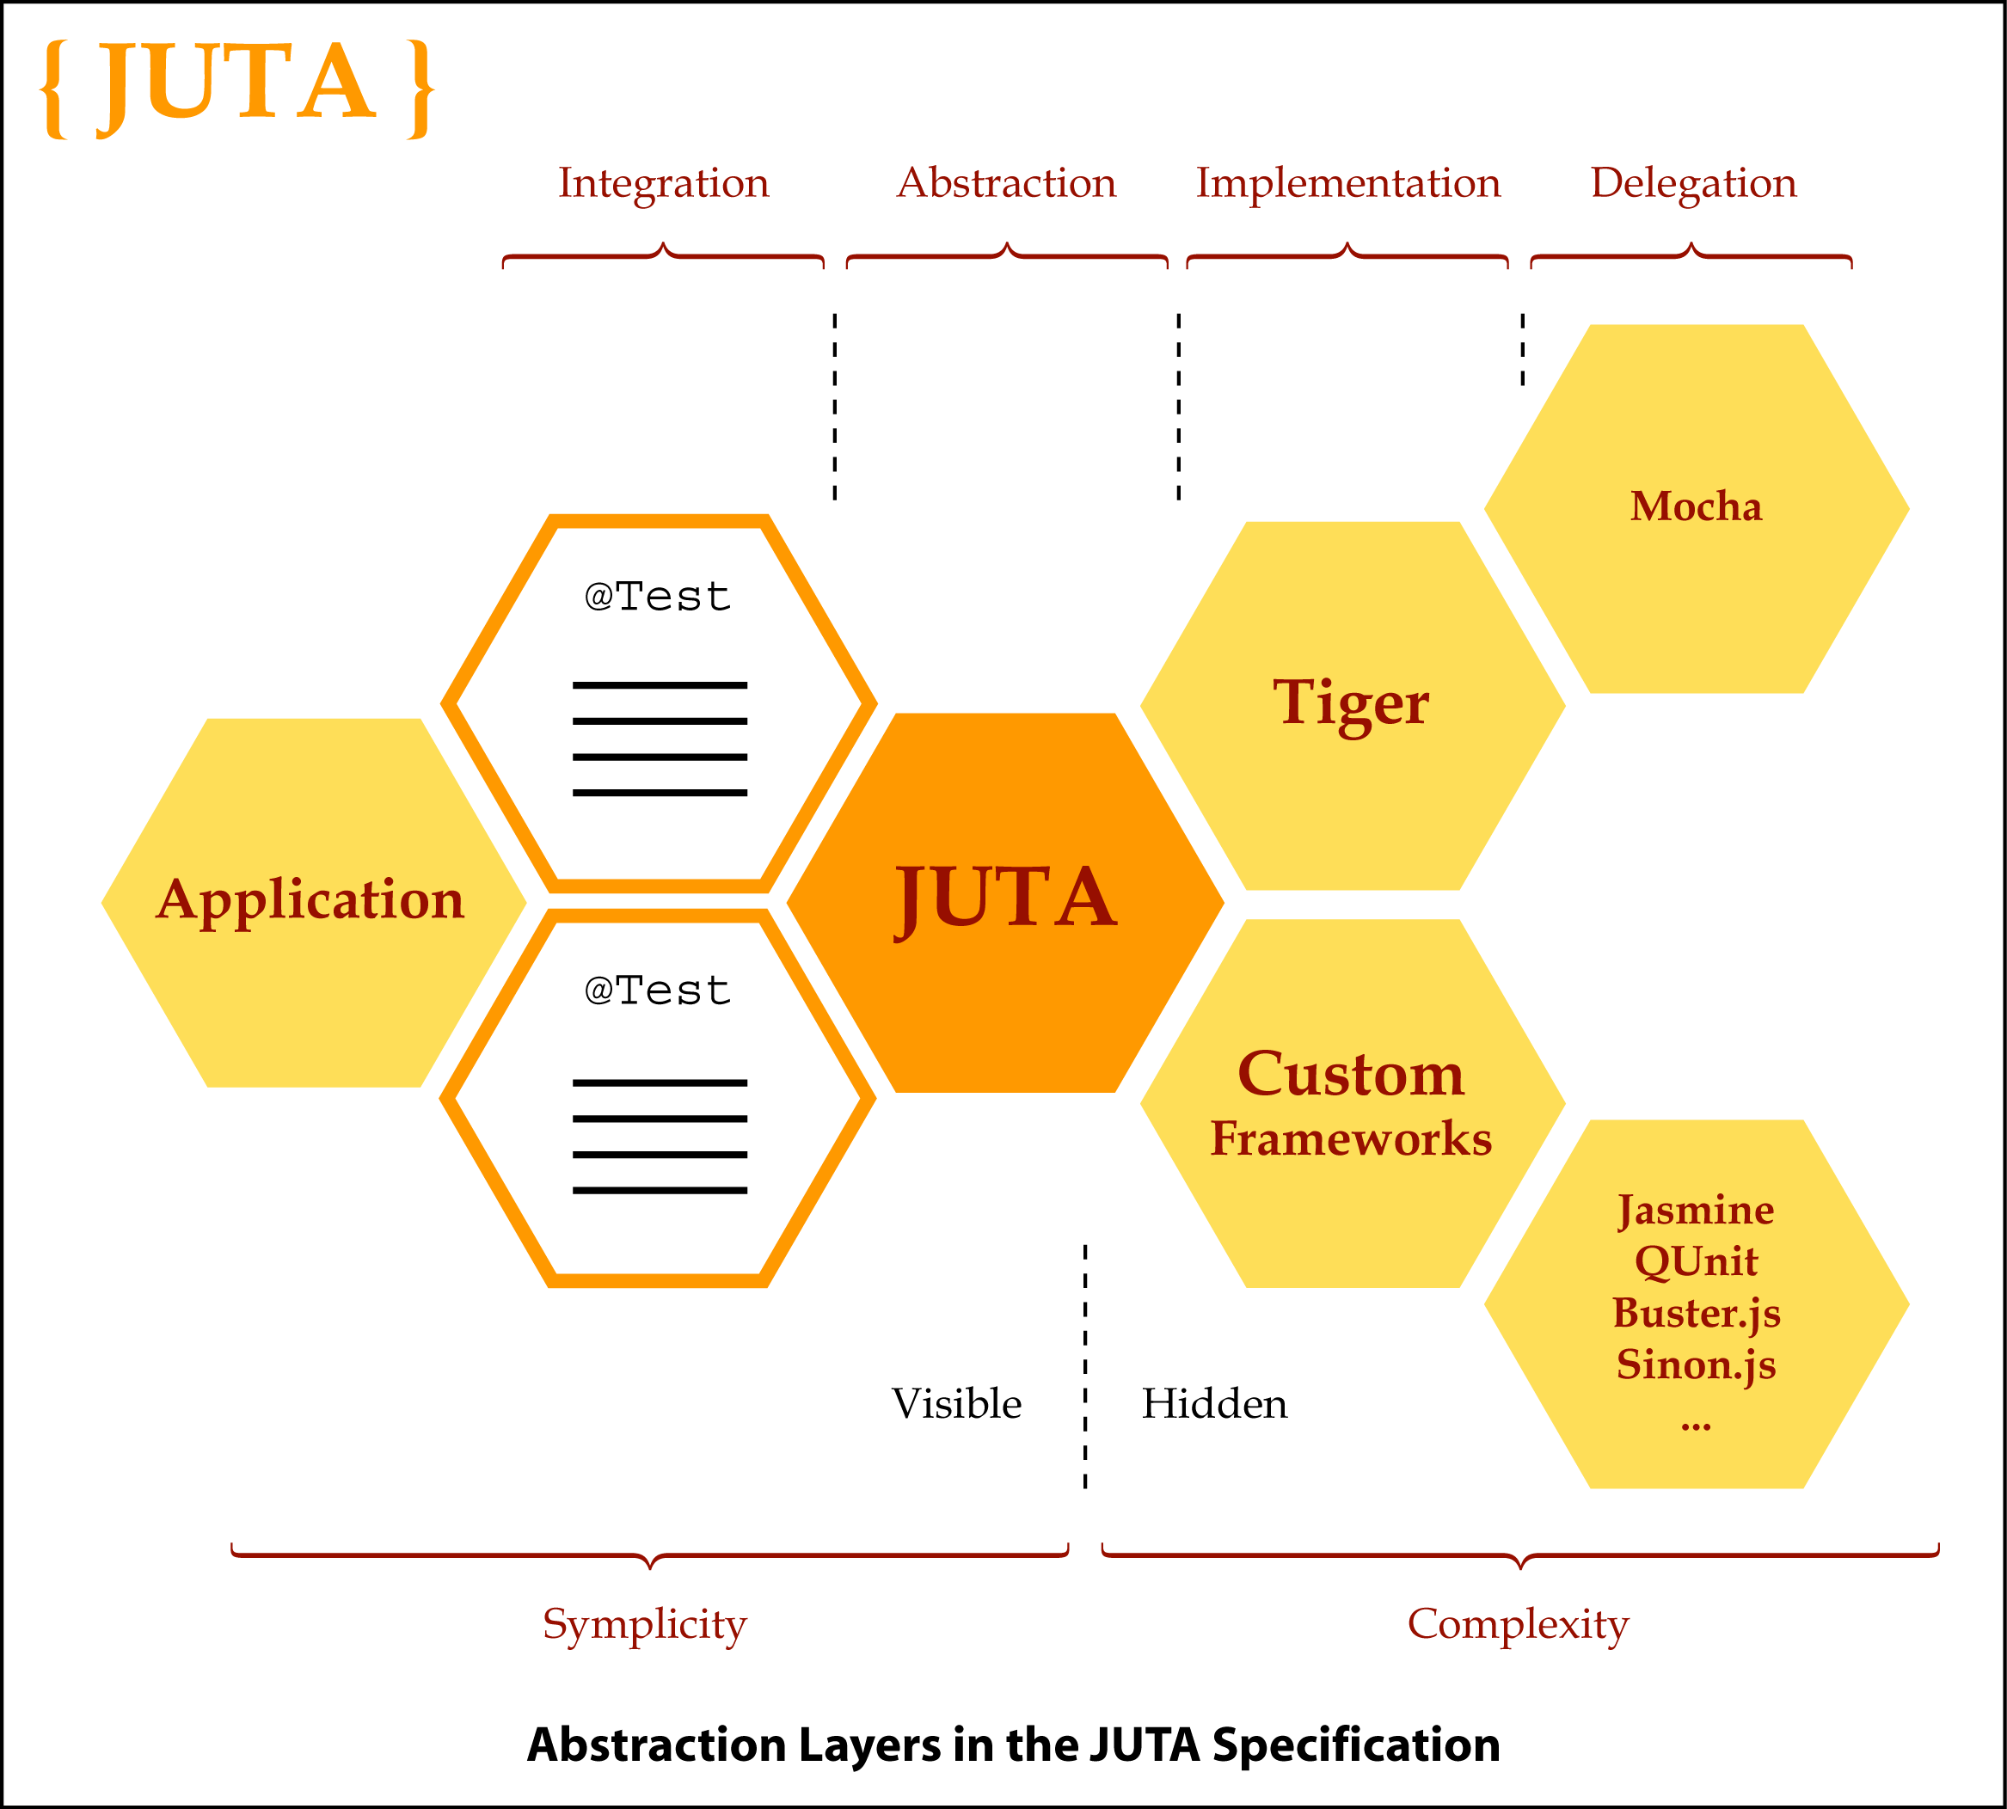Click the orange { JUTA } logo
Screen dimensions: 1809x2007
coord(236,88)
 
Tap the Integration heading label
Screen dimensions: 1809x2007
coord(663,183)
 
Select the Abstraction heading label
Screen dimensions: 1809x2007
coord(1006,183)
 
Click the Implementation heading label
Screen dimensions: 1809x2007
coord(1348,183)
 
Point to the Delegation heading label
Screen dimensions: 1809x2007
coord(1693,183)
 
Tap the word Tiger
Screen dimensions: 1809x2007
coord(1351,702)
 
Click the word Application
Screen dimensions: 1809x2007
coord(310,899)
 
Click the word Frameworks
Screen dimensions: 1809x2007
coord(1351,1138)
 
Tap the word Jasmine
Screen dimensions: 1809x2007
coord(1696,1210)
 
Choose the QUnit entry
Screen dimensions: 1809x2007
coord(1696,1261)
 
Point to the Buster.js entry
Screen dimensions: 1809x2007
coord(1696,1313)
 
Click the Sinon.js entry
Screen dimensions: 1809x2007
coord(1696,1364)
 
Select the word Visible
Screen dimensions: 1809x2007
coord(956,1403)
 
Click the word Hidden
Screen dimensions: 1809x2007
coord(1213,1403)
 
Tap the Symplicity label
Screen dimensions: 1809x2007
coord(644,1625)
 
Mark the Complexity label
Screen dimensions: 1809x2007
coord(1518,1625)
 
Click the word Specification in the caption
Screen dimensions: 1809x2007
coord(1356,1745)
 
